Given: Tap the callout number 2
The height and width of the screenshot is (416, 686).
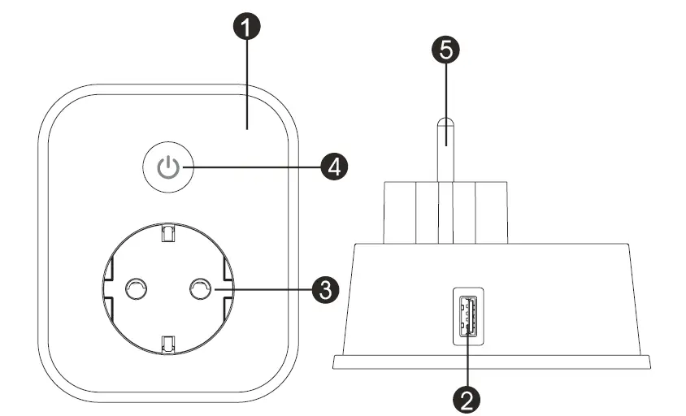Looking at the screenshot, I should pyautogui.click(x=467, y=398).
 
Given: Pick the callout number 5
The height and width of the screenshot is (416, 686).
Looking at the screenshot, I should pyautogui.click(x=445, y=50).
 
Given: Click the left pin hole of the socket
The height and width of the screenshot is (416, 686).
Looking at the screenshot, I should pyautogui.click(x=134, y=288).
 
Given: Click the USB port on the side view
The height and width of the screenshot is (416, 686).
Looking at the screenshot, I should pyautogui.click(x=467, y=318).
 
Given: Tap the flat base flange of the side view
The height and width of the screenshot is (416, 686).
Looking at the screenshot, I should pyautogui.click(x=492, y=362).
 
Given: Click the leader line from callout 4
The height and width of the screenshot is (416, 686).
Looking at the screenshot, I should pyautogui.click(x=252, y=168).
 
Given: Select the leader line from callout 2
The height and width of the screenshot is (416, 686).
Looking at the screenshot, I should pyautogui.click(x=467, y=362).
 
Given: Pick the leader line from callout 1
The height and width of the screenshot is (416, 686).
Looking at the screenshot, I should pyautogui.click(x=247, y=81).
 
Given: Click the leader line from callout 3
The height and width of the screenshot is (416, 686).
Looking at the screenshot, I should pyautogui.click(x=260, y=289).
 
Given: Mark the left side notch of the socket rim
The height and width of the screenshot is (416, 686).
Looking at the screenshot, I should pyautogui.click(x=106, y=288).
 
